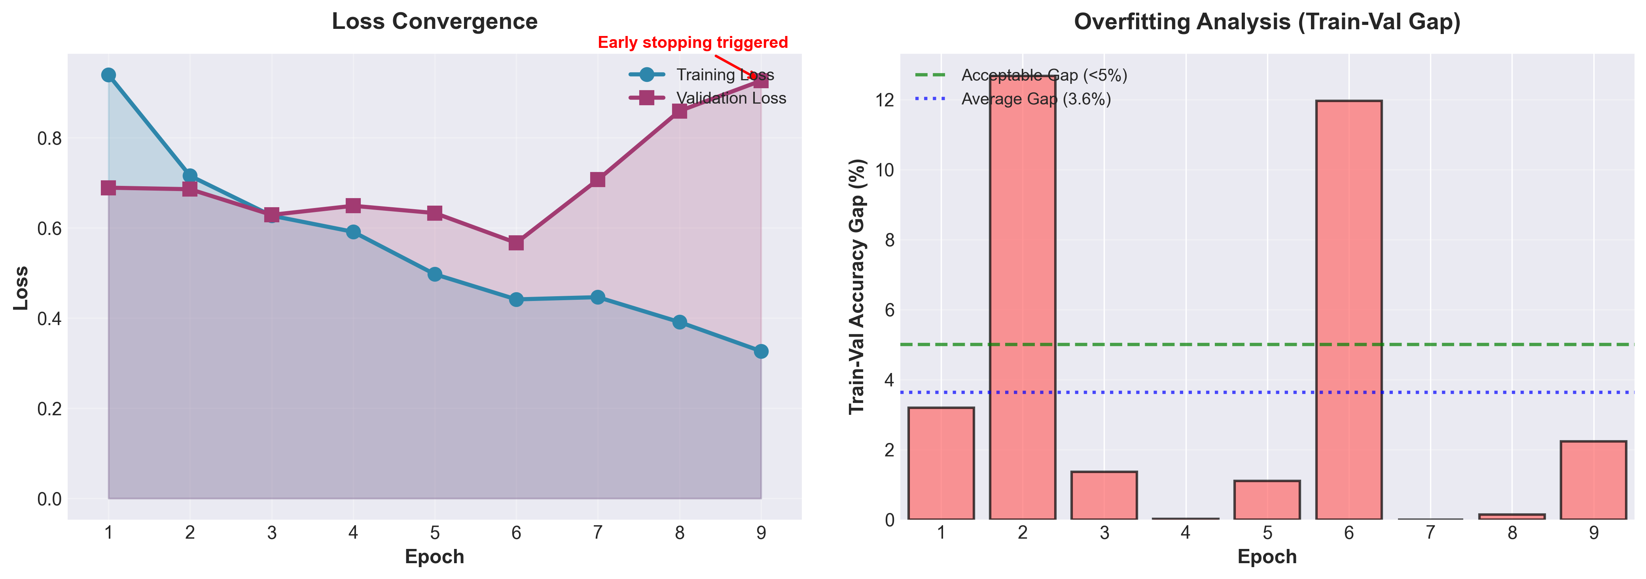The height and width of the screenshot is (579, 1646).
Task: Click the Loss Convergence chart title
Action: [x=434, y=22]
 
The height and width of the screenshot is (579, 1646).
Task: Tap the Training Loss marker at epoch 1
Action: [x=109, y=75]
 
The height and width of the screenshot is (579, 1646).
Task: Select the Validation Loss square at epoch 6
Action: [x=516, y=243]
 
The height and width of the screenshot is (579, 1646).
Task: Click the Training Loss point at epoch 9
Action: [x=760, y=352]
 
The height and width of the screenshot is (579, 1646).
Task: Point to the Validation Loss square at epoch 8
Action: [x=679, y=111]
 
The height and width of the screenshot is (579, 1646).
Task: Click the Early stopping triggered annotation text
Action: [x=693, y=43]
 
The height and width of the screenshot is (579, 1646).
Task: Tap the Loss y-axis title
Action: [x=21, y=288]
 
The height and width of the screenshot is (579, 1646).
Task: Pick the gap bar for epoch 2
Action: [x=1022, y=297]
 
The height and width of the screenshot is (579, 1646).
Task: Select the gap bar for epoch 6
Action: [x=1349, y=310]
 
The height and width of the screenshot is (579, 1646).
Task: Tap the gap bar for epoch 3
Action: [x=1104, y=495]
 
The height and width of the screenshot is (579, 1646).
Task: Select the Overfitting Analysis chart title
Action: [x=1267, y=22]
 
